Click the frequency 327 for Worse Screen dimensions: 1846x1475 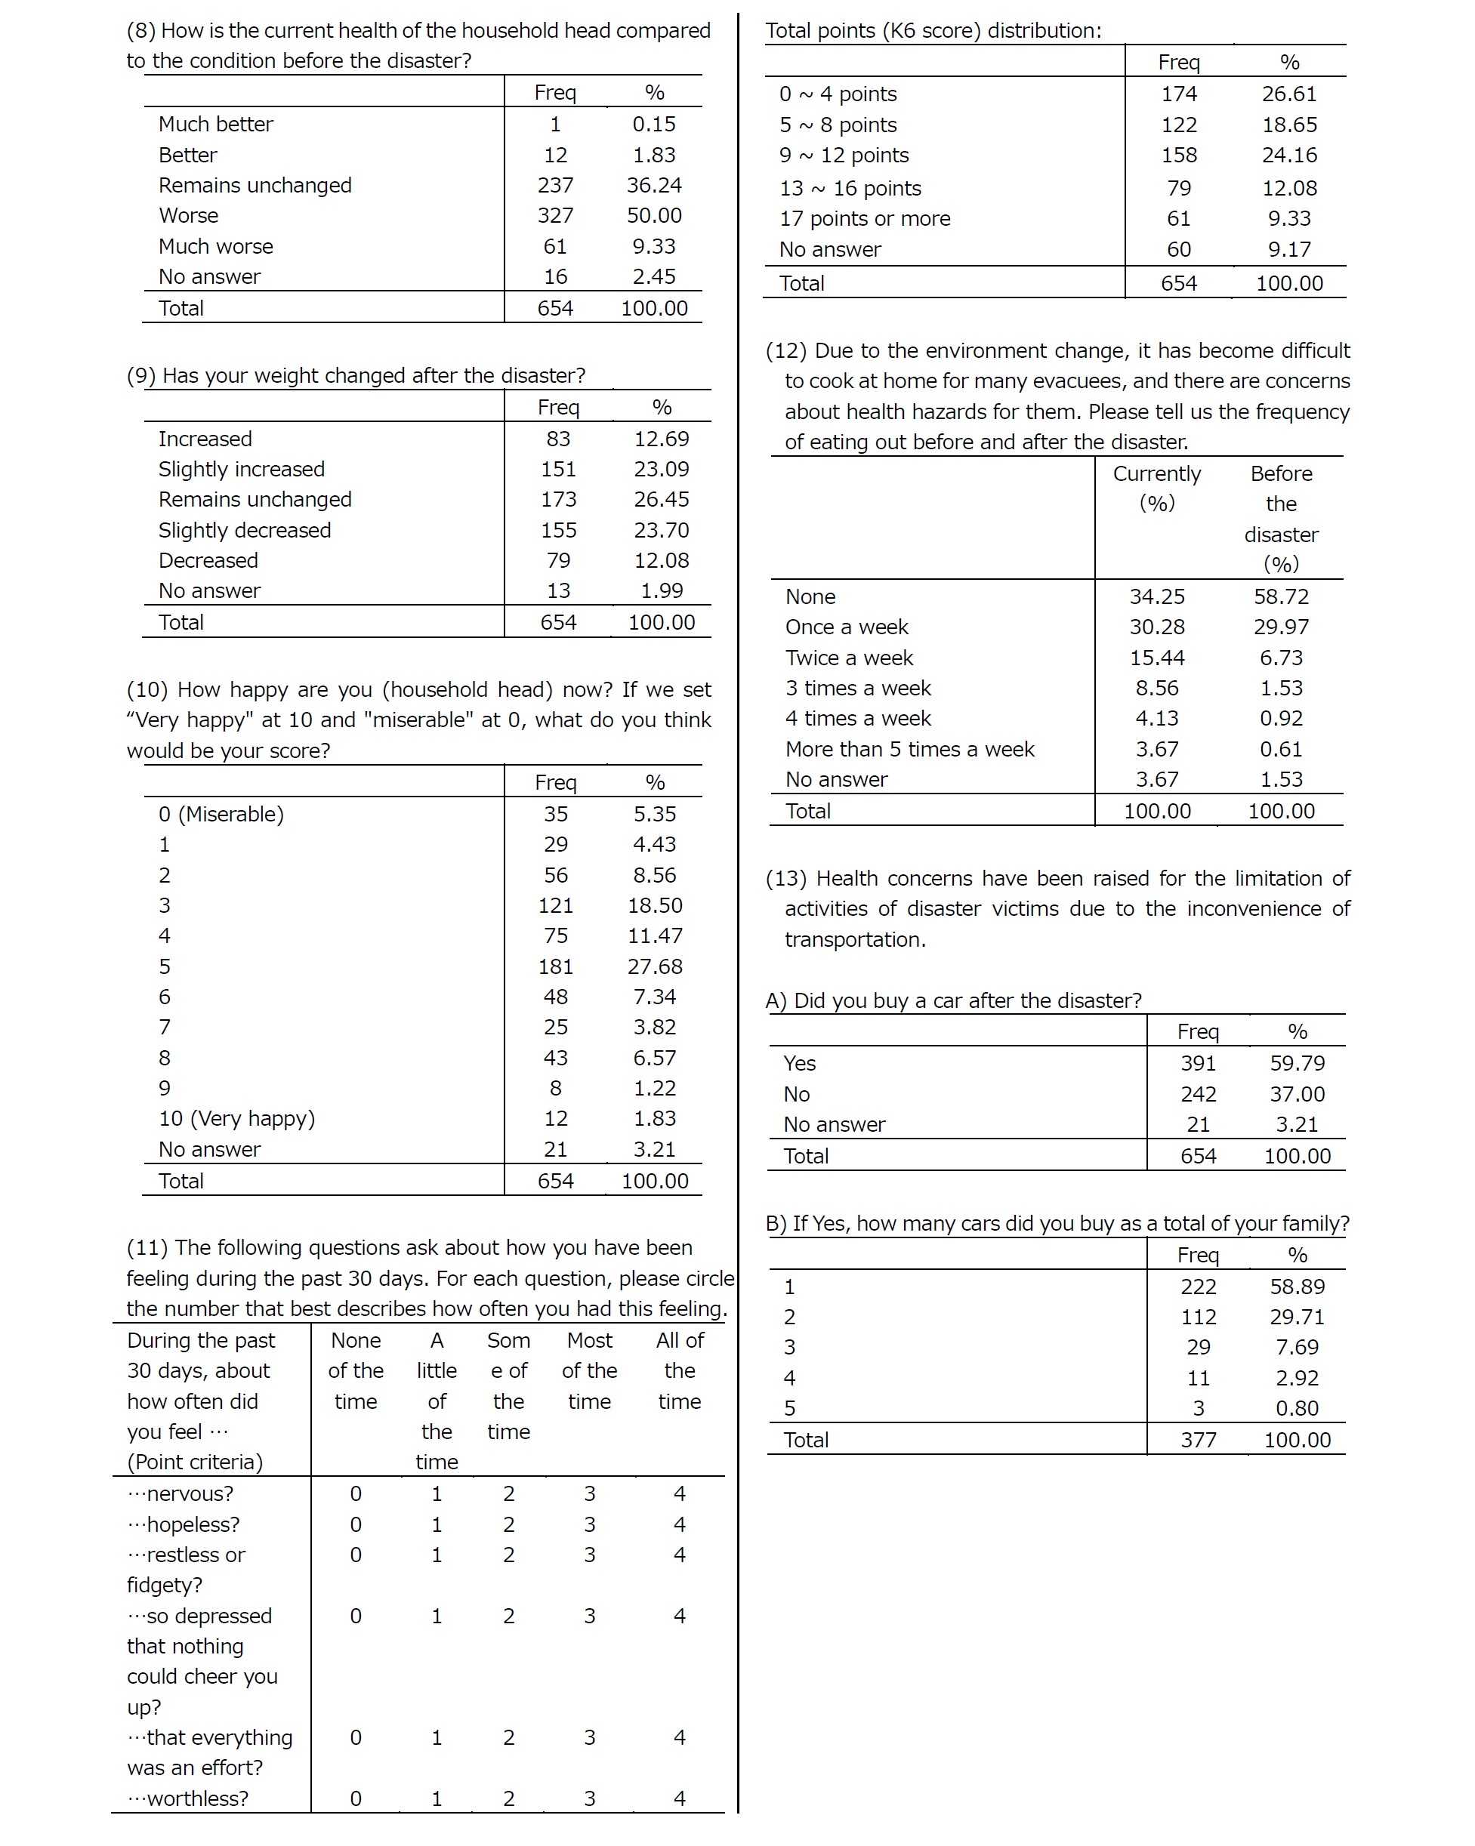[x=555, y=216]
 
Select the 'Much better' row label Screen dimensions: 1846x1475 [x=215, y=124]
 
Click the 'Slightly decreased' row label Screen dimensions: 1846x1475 [x=244, y=530]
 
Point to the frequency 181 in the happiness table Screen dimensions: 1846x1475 [x=555, y=966]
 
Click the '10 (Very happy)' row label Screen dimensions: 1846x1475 [x=236, y=1118]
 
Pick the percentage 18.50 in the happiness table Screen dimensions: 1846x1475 [x=654, y=906]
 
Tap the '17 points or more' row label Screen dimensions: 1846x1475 [x=864, y=218]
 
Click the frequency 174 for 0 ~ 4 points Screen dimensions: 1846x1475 [x=1179, y=94]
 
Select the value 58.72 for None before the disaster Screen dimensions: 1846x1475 [x=1281, y=596]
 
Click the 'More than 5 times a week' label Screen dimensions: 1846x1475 [x=909, y=749]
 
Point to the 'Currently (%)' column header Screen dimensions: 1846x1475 [x=1156, y=488]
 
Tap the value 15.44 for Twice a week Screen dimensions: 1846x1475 [x=1156, y=658]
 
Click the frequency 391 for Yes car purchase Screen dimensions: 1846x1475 [x=1198, y=1063]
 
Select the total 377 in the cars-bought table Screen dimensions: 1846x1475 [x=1198, y=1440]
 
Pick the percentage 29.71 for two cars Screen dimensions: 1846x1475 [x=1297, y=1317]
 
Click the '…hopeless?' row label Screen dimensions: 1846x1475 [x=184, y=1525]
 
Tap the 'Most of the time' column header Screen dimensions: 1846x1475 [x=589, y=1371]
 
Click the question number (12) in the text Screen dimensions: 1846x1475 [x=785, y=351]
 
